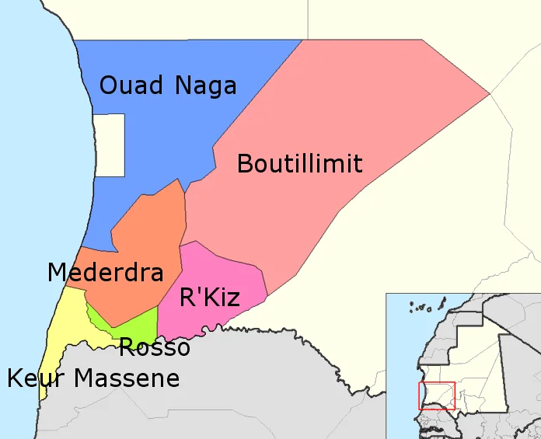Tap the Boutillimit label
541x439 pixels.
(299, 164)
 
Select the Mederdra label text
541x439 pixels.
(105, 272)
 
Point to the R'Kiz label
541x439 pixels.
(209, 297)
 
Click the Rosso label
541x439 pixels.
(154, 347)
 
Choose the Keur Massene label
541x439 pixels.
(93, 378)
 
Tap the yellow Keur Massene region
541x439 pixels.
(62, 326)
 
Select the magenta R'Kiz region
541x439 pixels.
(225, 272)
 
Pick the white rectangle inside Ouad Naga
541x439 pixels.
(109, 145)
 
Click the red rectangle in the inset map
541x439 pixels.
(437, 396)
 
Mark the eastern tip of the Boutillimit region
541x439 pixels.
(488, 94)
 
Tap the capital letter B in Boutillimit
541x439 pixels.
(245, 164)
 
